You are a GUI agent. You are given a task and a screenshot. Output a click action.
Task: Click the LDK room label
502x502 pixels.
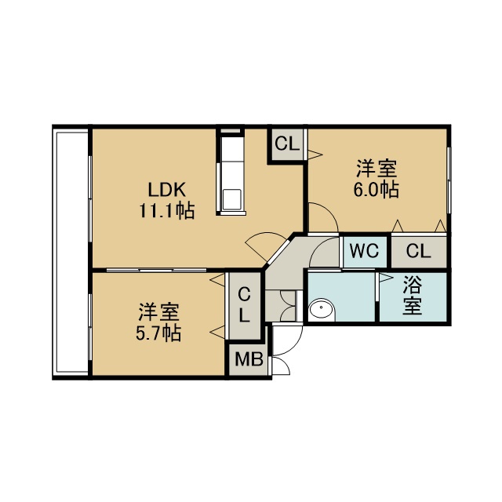166,190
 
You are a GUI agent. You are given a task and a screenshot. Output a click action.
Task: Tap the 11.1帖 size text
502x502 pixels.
166,211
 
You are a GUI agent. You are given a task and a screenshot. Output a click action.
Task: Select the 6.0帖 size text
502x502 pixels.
376,190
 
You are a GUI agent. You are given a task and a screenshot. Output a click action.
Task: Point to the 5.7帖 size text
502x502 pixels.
158,333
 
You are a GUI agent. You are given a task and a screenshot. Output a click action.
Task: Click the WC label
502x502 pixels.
364,251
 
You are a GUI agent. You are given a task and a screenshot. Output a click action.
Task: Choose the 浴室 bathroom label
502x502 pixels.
412,295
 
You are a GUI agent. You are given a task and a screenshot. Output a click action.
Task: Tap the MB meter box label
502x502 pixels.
249,359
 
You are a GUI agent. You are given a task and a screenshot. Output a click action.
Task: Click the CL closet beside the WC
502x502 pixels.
418,251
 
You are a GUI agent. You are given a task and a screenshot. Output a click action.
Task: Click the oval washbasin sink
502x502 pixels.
322,309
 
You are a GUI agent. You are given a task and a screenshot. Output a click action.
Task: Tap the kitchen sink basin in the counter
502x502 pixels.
232,199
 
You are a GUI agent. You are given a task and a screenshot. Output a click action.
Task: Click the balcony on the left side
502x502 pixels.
71,252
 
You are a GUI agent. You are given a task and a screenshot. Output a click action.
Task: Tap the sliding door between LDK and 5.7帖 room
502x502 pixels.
156,270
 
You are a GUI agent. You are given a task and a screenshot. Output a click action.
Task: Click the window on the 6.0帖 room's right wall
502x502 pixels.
449,180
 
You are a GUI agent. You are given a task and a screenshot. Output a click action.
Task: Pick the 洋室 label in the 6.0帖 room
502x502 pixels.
377,169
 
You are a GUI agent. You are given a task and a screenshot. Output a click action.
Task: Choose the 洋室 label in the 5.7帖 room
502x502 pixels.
158,312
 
